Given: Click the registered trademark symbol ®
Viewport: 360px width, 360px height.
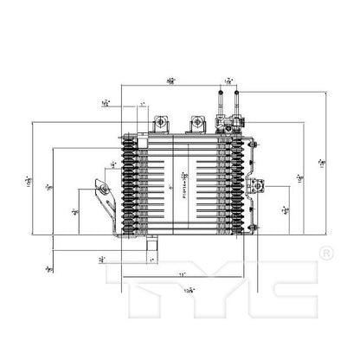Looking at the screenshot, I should (325, 253).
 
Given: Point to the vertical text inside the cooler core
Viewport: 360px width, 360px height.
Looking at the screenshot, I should (184, 183).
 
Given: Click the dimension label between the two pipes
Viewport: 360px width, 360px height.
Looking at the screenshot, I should (228, 82).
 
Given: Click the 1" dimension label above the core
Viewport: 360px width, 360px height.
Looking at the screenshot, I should (142, 106).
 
